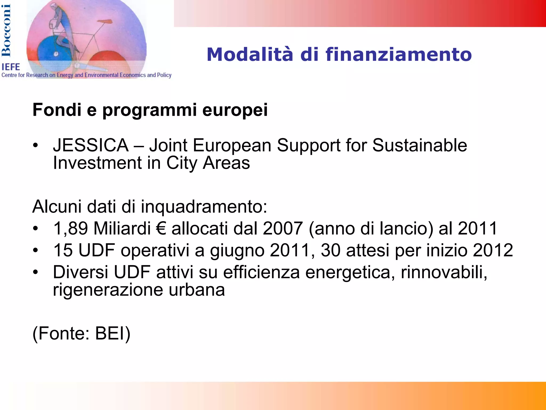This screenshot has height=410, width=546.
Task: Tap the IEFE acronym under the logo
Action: pyautogui.click(x=11, y=67)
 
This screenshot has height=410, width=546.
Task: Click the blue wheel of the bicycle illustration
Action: pyautogui.click(x=55, y=52)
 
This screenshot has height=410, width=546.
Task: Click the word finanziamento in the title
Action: pyautogui.click(x=399, y=54)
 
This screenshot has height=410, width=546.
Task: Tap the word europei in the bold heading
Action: pyautogui.click(x=235, y=110)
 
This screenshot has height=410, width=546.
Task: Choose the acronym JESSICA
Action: pyautogui.click(x=91, y=145)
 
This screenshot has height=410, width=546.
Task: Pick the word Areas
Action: pyautogui.click(x=226, y=163)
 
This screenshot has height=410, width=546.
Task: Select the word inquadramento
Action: pyautogui.click(x=204, y=207)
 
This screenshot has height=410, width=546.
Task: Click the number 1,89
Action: pyautogui.click(x=71, y=228)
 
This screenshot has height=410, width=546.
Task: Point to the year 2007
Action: pyautogui.click(x=283, y=228)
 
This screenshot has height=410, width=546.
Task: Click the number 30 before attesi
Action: pyautogui.click(x=331, y=250)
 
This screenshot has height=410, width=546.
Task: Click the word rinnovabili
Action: pyautogui.click(x=444, y=272)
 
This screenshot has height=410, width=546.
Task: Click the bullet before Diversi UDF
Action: pyautogui.click(x=36, y=272)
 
